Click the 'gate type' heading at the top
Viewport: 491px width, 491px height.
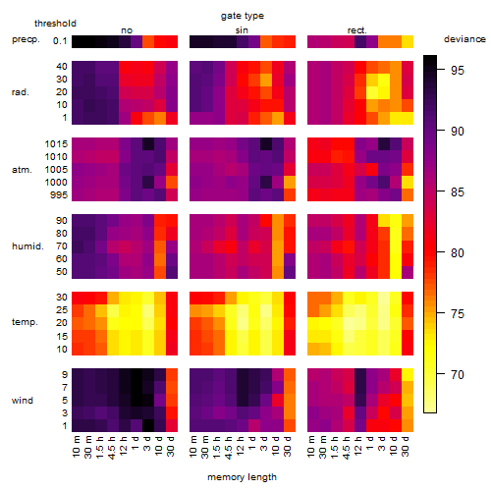(x=243, y=16)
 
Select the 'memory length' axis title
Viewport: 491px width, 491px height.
(x=242, y=477)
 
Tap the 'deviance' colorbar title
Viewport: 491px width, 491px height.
(x=464, y=39)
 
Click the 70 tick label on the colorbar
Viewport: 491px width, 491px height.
(x=458, y=374)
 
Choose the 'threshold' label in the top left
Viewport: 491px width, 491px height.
(x=55, y=24)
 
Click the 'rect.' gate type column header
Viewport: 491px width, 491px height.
(x=356, y=30)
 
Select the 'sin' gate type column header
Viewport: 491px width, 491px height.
(x=242, y=30)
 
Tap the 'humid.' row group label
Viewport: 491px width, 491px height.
(x=27, y=246)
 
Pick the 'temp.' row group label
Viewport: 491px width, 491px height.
(x=25, y=322)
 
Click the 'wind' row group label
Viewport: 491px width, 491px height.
(x=23, y=401)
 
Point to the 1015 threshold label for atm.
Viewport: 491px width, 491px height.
(x=56, y=144)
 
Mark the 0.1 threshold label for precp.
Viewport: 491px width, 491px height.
(x=60, y=41)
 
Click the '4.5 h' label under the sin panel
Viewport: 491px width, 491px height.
(x=229, y=447)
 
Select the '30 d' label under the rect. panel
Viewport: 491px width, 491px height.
(x=406, y=446)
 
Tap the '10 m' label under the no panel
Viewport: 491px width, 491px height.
(x=76, y=447)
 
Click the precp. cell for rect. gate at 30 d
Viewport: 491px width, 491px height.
(x=408, y=41)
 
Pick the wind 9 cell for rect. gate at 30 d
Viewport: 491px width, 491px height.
(x=408, y=375)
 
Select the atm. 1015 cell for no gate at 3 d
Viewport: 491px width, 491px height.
(x=148, y=144)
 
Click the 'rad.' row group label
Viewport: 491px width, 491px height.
(x=21, y=92)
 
